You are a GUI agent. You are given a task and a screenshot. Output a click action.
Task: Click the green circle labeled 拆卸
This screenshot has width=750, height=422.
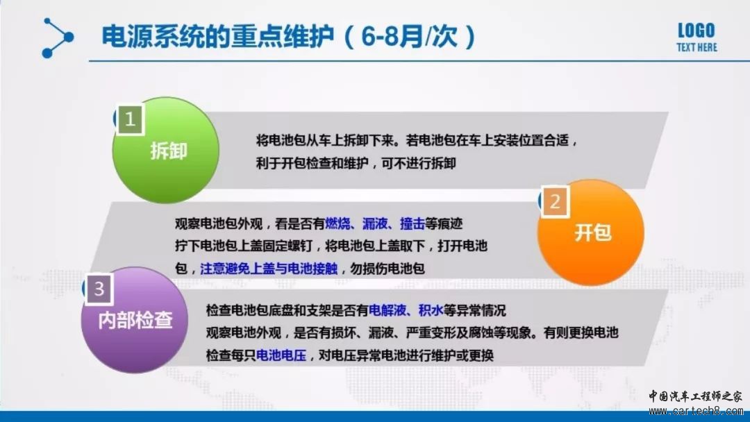point(166,150)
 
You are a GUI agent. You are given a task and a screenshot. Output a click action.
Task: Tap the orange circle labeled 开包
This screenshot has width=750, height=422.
point(591,233)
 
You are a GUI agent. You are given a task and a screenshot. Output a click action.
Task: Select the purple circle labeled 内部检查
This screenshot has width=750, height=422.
point(135,320)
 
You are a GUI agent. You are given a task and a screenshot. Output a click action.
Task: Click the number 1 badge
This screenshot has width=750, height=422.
point(130,119)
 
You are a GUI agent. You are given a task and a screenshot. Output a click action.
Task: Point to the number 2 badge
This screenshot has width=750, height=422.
point(555,202)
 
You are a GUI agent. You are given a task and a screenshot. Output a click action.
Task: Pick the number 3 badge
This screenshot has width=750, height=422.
point(99,289)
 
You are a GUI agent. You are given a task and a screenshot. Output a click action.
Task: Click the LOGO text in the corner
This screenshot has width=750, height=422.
point(696,31)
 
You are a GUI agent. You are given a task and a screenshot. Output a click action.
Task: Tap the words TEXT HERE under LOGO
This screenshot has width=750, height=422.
point(697,47)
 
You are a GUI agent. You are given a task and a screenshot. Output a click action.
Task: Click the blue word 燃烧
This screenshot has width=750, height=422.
point(337,223)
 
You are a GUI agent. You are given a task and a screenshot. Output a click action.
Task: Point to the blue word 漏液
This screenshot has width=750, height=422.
point(375,223)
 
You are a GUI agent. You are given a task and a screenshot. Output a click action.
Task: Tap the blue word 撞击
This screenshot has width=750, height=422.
point(412,223)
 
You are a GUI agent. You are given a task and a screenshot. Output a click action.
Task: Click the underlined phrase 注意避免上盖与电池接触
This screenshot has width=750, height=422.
point(269,268)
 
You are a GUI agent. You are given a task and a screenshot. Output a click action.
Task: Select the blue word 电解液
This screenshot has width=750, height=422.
point(387,310)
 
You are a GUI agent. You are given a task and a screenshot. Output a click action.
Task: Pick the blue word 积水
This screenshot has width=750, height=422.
point(431,310)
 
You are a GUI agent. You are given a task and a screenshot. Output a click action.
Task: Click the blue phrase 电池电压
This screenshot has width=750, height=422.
point(281,355)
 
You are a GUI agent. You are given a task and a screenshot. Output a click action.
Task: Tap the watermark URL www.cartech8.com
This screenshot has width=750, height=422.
point(695,411)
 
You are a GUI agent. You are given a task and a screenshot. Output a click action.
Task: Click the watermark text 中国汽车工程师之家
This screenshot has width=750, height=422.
point(695,396)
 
